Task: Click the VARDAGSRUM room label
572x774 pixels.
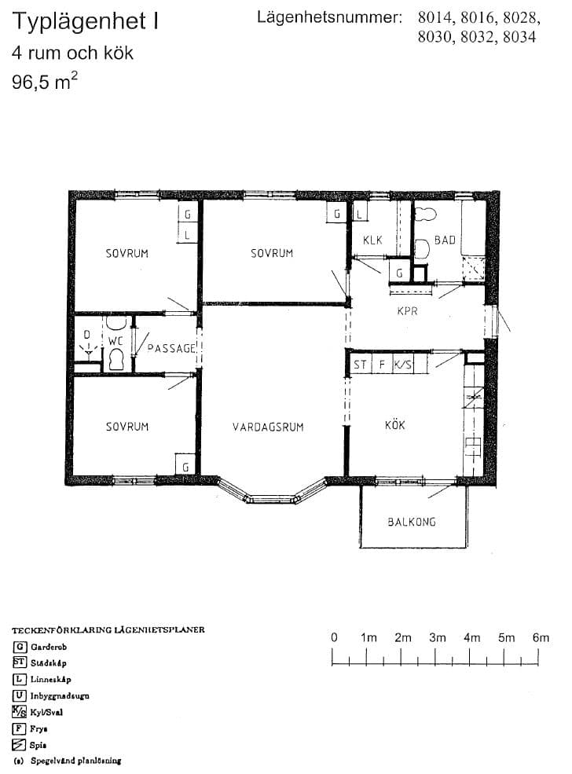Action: pos(268,427)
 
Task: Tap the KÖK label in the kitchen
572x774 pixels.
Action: pos(395,424)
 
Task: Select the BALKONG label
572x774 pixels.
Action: pos(412,522)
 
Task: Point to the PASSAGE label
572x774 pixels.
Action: pos(172,349)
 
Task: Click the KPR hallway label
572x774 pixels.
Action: pos(407,311)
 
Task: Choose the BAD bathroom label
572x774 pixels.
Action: pos(445,240)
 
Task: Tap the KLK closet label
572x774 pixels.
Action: pos(372,240)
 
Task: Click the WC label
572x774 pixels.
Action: pos(115,340)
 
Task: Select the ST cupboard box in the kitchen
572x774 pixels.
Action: pos(361,365)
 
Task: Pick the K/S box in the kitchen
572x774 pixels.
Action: pos(403,365)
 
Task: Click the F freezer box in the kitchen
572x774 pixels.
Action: pos(382,365)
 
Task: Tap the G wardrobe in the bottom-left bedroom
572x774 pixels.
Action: pos(185,464)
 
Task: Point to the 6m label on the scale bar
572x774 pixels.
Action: pos(541,638)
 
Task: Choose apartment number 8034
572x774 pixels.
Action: pos(519,37)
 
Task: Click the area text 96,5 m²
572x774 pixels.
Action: pos(45,81)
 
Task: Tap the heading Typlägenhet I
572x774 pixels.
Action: pos(86,21)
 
